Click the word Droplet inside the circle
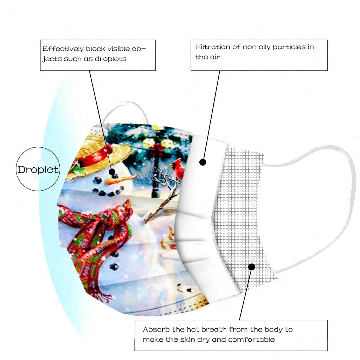38,169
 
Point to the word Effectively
63,49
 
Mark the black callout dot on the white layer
202,162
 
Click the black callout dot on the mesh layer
251,267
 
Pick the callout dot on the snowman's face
112,172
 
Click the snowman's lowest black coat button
114,266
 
